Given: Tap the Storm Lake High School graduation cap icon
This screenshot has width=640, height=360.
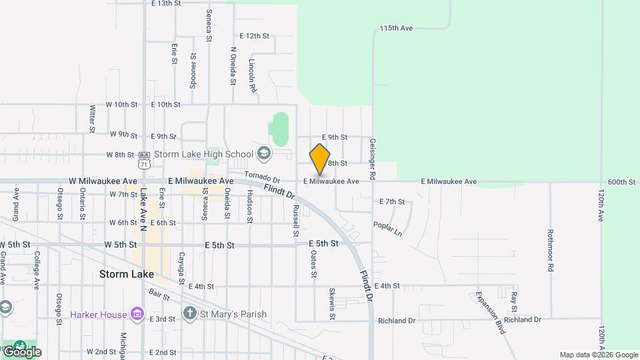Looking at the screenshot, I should coord(264,154).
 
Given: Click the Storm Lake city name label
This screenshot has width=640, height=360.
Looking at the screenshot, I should coord(127,274).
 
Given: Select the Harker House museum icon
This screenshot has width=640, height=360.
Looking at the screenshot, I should coord(138,313).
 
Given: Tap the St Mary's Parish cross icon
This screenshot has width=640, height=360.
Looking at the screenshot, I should coord(189,313).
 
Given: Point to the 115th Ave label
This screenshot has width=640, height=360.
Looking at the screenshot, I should coord(397,29).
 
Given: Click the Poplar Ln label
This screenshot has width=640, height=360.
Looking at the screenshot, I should coord(388,229).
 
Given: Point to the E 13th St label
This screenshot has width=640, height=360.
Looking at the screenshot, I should coord(166,3).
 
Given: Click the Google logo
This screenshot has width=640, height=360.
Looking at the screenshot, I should coord(22,351).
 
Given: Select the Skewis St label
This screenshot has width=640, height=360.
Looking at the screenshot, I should coord(332,300).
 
